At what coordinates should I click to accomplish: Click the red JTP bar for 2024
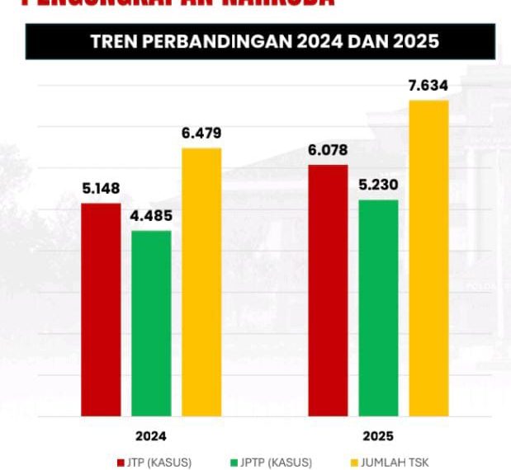[101, 309]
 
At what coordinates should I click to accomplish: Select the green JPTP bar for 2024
[151, 323]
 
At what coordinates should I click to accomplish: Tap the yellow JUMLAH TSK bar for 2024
[201, 282]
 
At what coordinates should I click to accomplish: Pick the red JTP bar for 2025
[328, 290]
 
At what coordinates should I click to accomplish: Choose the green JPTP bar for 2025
[378, 308]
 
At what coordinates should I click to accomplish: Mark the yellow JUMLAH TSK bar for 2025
[428, 258]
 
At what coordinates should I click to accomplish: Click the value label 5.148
[101, 189]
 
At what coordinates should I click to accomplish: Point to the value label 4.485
[151, 218]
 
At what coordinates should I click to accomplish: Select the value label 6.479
[201, 134]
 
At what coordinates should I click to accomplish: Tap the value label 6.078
[328, 150]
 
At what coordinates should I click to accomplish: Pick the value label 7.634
[428, 86]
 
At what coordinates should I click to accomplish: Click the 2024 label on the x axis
[151, 435]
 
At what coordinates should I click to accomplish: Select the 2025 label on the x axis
[378, 435]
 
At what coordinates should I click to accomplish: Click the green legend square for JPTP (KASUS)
[234, 462]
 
